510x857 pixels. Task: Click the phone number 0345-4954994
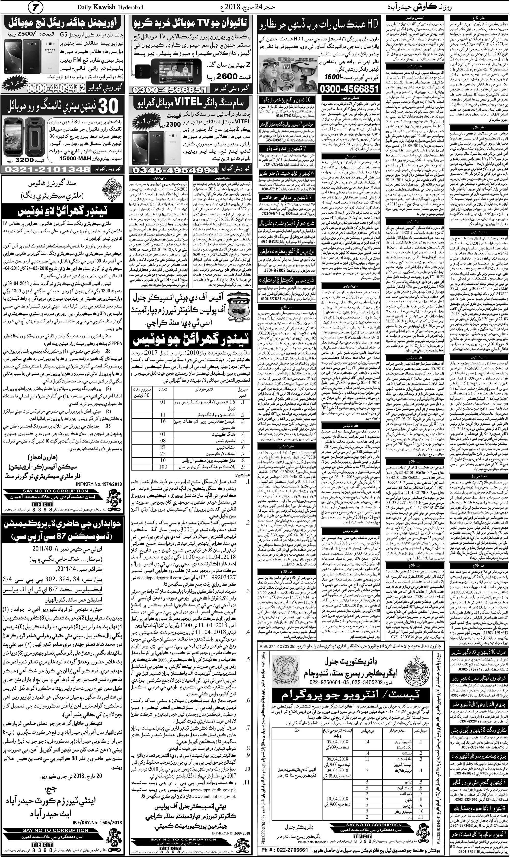click(x=175, y=170)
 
